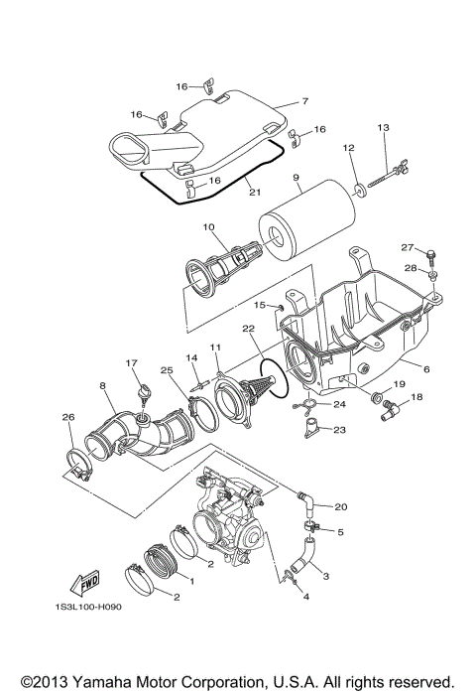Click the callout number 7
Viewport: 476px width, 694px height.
[305, 101]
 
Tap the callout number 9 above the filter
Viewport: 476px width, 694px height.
[296, 179]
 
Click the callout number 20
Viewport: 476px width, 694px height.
[341, 506]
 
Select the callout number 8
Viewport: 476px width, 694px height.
[101, 384]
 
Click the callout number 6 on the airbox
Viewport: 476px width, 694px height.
[427, 369]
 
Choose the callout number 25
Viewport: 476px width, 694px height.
[167, 370]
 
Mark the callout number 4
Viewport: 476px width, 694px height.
[306, 597]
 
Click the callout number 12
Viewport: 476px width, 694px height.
[349, 148]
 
